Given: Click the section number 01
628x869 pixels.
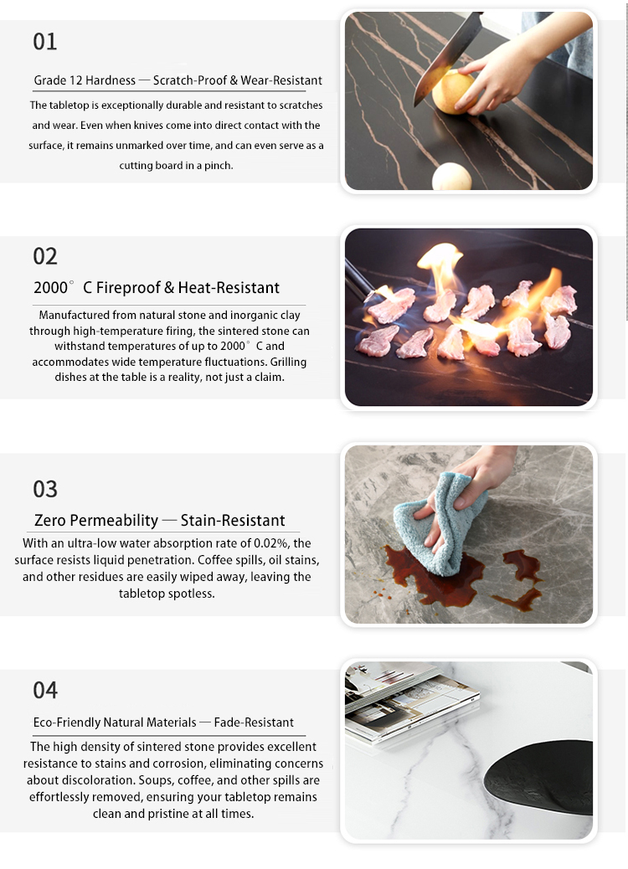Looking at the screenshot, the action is pos(45,42).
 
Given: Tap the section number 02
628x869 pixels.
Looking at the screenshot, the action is pos(45,257).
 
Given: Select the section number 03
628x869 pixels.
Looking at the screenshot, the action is pos(45,490).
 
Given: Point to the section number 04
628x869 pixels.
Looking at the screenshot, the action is pos(45,691).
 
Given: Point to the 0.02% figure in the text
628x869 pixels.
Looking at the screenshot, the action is pos(271,543).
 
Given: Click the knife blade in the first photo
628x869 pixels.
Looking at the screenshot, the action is pos(447,58).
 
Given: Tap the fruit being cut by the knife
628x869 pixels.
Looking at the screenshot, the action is pos(454,92).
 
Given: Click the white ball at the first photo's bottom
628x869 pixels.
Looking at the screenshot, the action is pos(451,177).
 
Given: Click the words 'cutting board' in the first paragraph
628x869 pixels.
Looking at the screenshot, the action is pos(152,166).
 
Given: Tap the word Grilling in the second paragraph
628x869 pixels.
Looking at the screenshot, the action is pos(288,363).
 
